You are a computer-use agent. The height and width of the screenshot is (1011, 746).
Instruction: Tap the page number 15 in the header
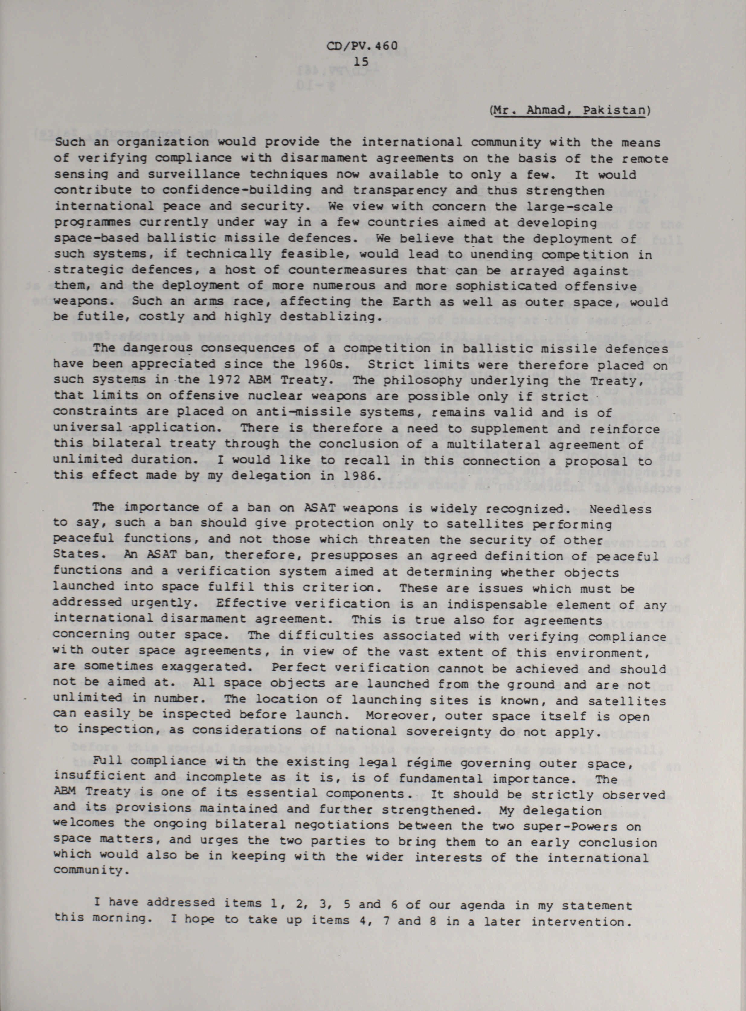click(362, 61)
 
